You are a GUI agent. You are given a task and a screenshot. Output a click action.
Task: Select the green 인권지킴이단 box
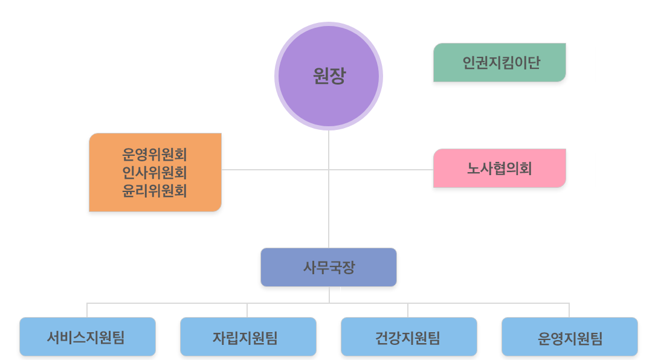coord(500,62)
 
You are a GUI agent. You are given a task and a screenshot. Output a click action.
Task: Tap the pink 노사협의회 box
coord(500,168)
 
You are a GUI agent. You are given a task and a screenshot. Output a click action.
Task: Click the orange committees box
coord(155,172)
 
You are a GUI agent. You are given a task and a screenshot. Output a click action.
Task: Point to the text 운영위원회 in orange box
coord(155,153)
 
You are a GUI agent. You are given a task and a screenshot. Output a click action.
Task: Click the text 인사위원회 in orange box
coord(155,173)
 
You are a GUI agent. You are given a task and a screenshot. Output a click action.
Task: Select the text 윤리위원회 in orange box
coord(155,191)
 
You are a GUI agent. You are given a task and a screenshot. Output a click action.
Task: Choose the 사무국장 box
coord(329,267)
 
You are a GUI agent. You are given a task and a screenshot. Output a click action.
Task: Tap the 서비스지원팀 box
coord(88,336)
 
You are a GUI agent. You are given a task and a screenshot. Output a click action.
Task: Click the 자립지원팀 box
coord(248,336)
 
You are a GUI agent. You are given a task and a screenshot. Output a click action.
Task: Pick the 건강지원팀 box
coord(408,336)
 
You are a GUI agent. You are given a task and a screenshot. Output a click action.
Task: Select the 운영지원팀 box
coord(570,336)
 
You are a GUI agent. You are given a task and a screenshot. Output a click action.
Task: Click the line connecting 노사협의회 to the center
coord(381,170)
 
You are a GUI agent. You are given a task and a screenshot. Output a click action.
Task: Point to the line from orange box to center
coord(275,170)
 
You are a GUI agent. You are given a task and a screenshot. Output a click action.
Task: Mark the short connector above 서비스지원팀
coord(87,310)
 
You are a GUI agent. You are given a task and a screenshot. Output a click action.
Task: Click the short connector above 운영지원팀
coord(569,310)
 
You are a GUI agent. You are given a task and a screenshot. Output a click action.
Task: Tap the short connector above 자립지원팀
coord(247,310)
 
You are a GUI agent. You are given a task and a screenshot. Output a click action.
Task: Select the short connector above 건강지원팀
coord(408,310)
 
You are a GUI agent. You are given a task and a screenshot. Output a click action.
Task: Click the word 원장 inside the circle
coord(329,76)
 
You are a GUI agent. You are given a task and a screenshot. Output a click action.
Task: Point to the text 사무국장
coord(329,267)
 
